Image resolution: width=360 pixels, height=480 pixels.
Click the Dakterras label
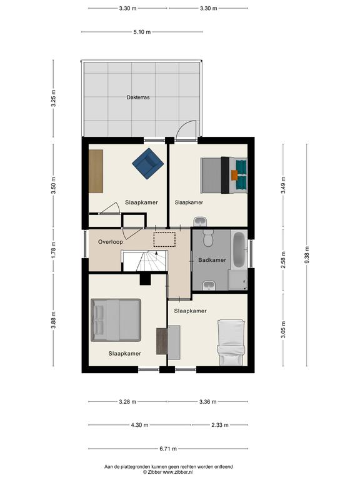point(138,97)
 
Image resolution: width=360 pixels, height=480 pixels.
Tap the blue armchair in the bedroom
point(148,164)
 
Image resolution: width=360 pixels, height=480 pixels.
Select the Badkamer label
point(212,260)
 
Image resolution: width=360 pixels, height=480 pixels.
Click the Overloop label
point(111,242)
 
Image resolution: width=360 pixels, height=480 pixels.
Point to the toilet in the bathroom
point(208,238)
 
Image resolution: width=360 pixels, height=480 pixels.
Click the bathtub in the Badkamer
point(239,250)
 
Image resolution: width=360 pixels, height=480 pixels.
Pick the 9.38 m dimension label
point(307,255)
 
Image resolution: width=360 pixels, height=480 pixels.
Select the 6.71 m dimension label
point(168,449)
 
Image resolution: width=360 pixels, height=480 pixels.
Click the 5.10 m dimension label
point(142,32)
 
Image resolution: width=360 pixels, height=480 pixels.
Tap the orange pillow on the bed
point(234,175)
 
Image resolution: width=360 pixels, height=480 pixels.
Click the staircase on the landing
point(144,261)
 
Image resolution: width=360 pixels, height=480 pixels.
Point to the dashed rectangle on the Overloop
point(164,239)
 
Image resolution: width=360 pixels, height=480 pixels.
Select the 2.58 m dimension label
point(283,260)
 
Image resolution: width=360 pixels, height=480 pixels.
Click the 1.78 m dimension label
point(53,250)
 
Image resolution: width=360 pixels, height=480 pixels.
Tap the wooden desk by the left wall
point(96,171)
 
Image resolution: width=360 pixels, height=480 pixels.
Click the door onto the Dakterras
point(186,131)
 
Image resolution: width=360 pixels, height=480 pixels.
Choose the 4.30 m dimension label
point(139,425)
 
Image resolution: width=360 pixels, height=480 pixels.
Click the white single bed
point(231,342)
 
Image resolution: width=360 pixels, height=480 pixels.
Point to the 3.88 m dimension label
point(53,320)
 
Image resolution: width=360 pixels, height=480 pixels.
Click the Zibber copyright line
point(168,472)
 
